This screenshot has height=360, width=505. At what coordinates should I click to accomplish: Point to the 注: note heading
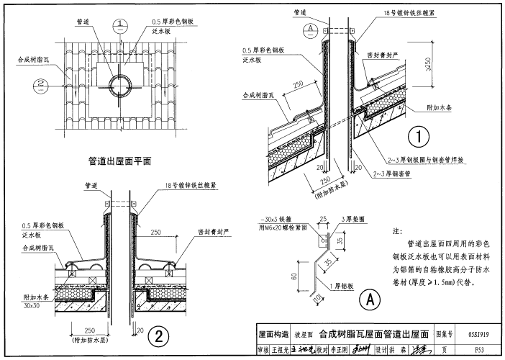coord(396,232)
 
